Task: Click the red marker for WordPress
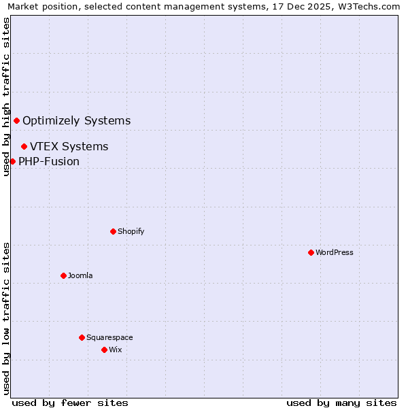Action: pos(311,252)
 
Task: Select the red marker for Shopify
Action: pos(113,231)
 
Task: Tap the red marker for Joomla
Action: pos(63,275)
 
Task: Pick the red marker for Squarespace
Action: pos(82,337)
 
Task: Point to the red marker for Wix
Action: pos(104,350)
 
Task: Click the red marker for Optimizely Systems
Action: pos(16,121)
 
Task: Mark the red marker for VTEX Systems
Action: pos(24,146)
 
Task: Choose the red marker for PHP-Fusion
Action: pos(12,161)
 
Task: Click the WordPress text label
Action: pos(335,252)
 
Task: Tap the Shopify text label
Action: pos(131,231)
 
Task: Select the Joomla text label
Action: pos(80,275)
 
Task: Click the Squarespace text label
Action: pos(109,337)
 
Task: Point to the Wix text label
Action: pos(116,350)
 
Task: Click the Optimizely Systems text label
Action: pos(77,121)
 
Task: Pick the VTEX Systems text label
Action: pos(69,146)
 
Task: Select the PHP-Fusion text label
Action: pos(49,161)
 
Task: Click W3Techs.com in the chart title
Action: pos(371,7)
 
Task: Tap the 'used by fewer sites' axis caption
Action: pos(70,403)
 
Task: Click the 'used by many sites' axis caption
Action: pos(341,403)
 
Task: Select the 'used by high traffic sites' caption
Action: pos(6,97)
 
